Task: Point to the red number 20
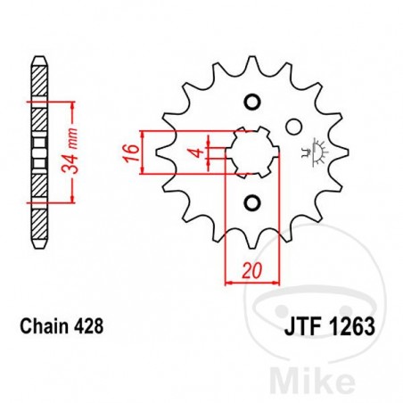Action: pyautogui.click(x=252, y=269)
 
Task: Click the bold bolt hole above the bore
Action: pyautogui.click(x=251, y=98)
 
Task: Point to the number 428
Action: pyautogui.click(x=91, y=326)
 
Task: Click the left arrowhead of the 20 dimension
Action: pyautogui.click(x=226, y=283)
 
